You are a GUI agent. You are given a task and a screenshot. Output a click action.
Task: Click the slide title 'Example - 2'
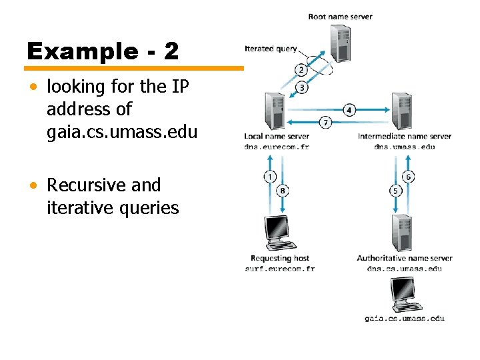pyautogui.click(x=103, y=51)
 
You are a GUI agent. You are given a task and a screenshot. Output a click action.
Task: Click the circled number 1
pyautogui.click(x=270, y=177)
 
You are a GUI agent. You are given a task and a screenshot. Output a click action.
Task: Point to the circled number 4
pyautogui.click(x=349, y=109)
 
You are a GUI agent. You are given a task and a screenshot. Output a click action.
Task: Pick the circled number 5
pyautogui.click(x=395, y=191)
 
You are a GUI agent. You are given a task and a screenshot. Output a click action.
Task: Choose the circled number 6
pyautogui.click(x=409, y=177)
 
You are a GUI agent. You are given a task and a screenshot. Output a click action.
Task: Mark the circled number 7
pyautogui.click(x=325, y=122)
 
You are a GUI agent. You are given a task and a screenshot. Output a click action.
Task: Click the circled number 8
pyautogui.click(x=283, y=191)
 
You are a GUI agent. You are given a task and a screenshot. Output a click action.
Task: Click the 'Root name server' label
pyautogui.click(x=340, y=17)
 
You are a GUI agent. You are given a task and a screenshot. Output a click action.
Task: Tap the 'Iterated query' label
pyautogui.click(x=271, y=49)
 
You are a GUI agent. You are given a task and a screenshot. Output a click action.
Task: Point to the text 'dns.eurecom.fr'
pyautogui.click(x=277, y=146)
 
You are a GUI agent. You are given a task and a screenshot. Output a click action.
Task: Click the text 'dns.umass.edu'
pyautogui.click(x=404, y=146)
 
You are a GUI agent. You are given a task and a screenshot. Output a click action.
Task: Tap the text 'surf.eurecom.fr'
pyautogui.click(x=279, y=269)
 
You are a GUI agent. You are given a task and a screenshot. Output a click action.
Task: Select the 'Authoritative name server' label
pyautogui.click(x=404, y=258)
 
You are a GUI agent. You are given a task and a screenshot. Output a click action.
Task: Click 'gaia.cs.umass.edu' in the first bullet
pyautogui.click(x=122, y=132)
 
